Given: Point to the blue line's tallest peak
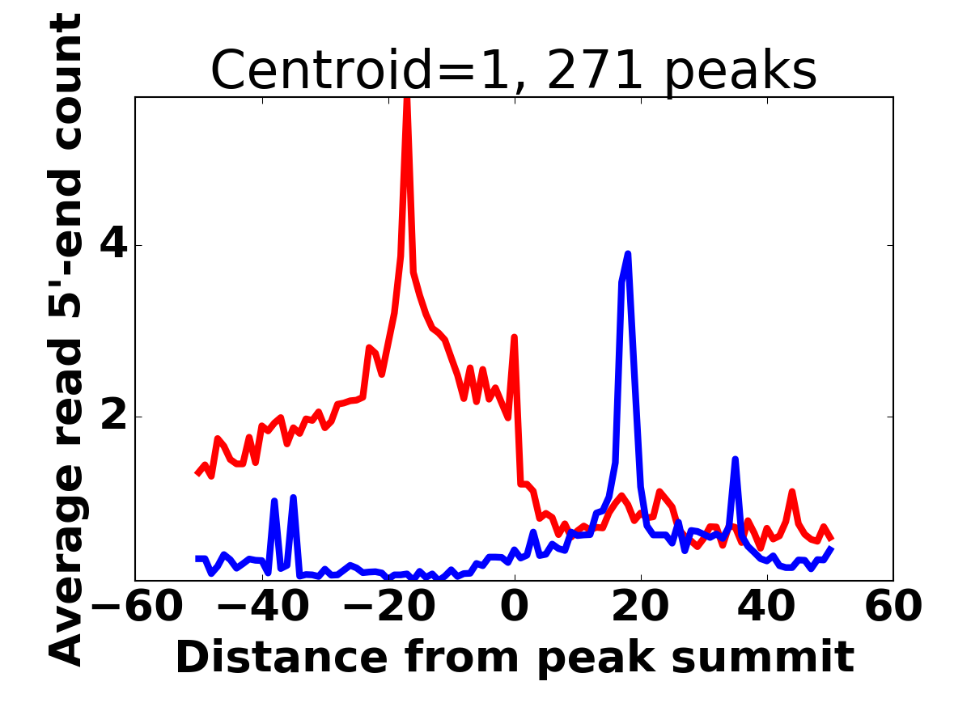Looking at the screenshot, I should pyautogui.click(x=627, y=254).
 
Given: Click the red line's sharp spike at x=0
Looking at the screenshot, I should pyautogui.click(x=514, y=337).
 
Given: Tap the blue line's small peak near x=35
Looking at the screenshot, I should pyautogui.click(x=735, y=459).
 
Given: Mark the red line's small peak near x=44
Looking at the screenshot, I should pyautogui.click(x=792, y=492).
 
